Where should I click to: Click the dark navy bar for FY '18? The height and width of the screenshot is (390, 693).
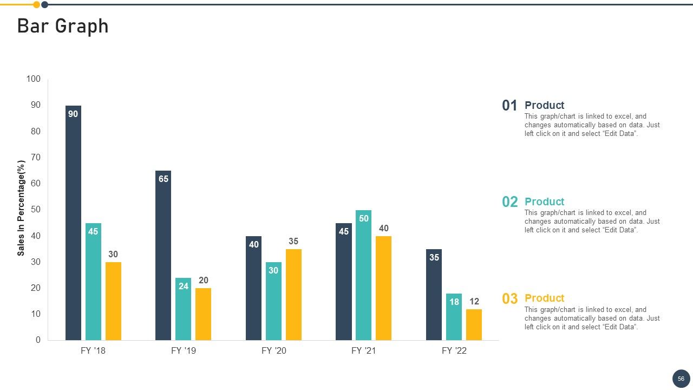pos(73,223)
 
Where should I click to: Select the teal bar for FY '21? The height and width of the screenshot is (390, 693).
pos(363,275)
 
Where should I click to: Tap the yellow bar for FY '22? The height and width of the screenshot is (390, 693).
pos(474,324)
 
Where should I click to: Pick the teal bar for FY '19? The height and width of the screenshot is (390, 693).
pos(183,309)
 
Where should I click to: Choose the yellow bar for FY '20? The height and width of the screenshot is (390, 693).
pos(293,295)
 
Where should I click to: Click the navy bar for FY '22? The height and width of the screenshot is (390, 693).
pos(434,295)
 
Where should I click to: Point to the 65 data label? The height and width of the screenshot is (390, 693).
pos(164,179)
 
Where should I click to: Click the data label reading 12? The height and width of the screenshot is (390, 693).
pos(474,301)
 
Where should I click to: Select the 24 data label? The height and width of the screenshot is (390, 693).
pos(184,286)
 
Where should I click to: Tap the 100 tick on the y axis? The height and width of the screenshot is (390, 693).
pos(34,79)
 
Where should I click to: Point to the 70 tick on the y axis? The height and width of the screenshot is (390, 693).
pos(36,157)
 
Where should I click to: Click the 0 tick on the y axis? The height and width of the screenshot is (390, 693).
pos(38,340)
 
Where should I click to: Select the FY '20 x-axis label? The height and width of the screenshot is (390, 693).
pos(274,350)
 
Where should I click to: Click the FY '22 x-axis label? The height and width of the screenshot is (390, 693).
pos(454,350)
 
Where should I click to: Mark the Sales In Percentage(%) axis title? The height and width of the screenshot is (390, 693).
pos(21,208)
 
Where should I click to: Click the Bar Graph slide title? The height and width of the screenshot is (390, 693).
pos(63,26)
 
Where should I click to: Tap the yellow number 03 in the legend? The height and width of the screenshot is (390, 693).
pos(510,298)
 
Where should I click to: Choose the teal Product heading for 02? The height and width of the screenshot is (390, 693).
pos(545,201)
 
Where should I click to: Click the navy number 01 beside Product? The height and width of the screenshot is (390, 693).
pos(509,106)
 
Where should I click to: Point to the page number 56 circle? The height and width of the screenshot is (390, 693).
pos(681,379)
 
